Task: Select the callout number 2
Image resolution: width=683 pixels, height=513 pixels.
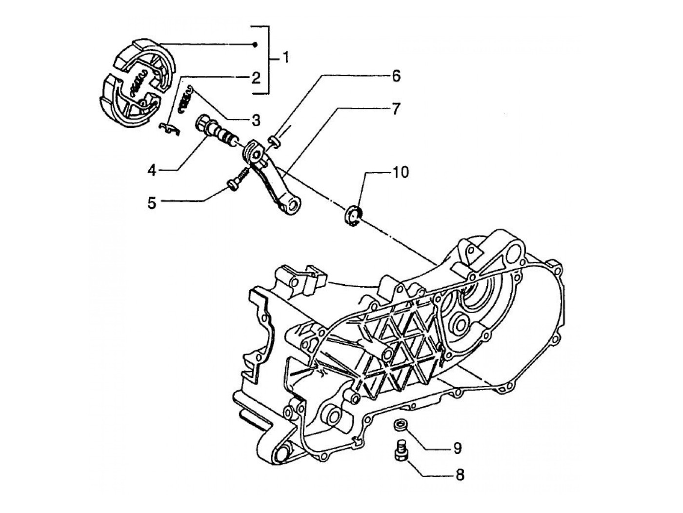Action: (256, 78)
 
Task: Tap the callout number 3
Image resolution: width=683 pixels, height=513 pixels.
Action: (256, 120)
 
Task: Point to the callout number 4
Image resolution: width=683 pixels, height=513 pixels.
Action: (152, 170)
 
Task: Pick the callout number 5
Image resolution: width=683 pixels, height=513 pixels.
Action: (152, 203)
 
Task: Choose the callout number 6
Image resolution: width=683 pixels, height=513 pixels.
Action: (396, 76)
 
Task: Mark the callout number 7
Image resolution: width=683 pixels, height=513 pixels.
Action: (395, 109)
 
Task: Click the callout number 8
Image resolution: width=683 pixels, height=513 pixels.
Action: (459, 475)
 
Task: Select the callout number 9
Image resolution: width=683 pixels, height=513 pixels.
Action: (457, 448)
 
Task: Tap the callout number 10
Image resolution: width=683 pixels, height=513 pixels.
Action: (400, 173)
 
